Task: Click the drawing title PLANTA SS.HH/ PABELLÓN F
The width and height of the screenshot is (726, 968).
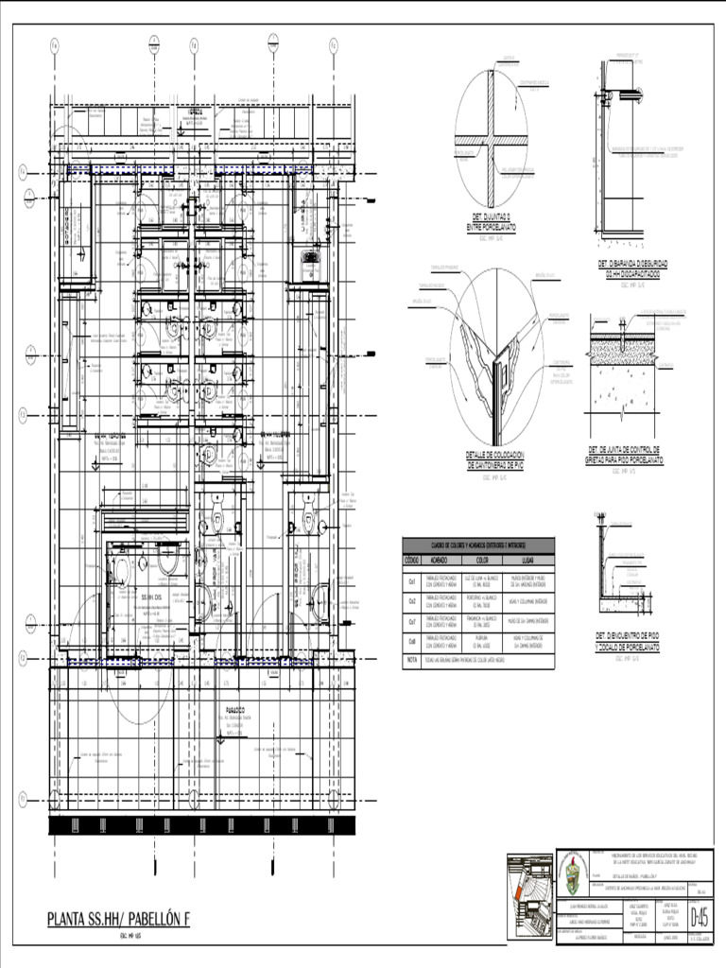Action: pos(119,919)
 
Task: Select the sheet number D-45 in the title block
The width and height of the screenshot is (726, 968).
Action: pos(700,916)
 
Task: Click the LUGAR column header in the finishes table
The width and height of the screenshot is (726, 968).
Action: pos(529,559)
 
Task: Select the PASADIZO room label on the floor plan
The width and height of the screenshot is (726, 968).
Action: pos(235,708)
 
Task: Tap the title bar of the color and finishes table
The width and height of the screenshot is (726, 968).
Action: pos(478,544)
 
